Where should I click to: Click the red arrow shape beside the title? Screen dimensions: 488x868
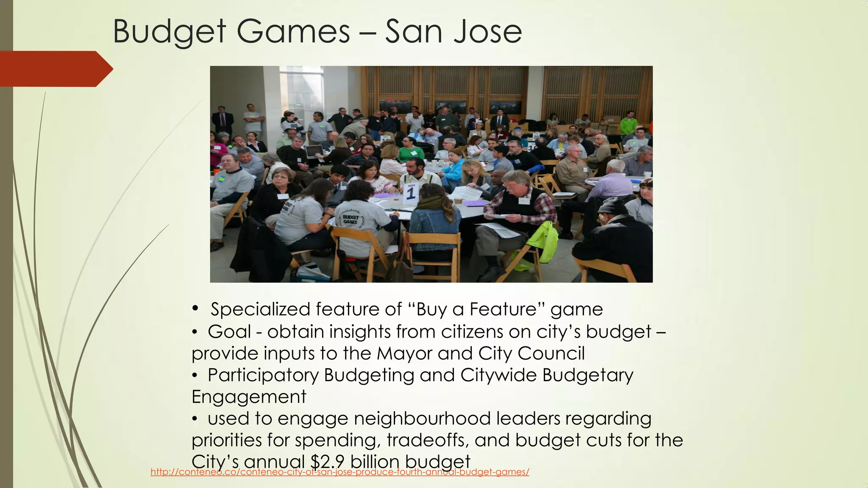pos(55,69)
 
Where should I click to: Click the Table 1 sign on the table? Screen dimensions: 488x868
pos(410,193)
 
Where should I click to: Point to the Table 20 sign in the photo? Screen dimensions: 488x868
pos(536,137)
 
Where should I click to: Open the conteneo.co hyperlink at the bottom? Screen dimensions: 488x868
pos(339,472)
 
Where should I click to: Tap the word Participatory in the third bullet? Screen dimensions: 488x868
pos(263,375)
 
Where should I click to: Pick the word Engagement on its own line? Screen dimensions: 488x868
pos(249,397)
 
